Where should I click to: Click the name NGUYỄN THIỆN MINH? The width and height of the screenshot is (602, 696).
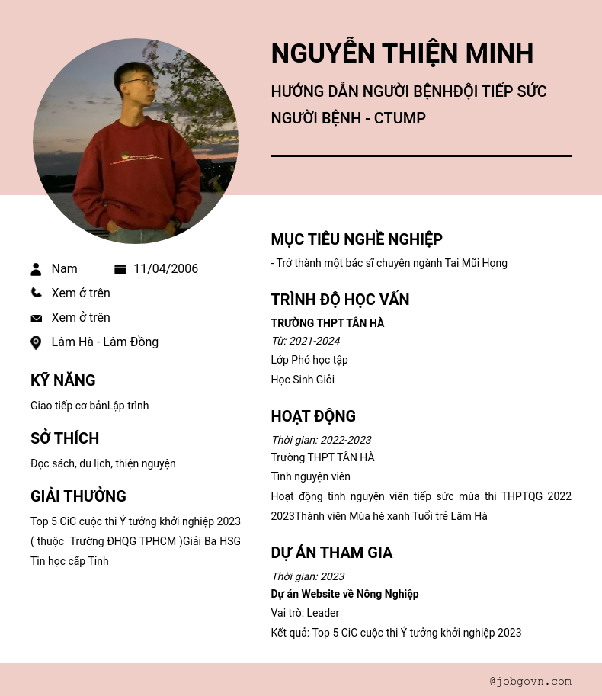(x=402, y=53)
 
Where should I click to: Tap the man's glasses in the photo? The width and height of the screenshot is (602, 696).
(x=137, y=81)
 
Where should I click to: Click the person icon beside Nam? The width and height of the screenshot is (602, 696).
(x=36, y=269)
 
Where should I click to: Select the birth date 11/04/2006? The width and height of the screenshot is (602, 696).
(x=165, y=269)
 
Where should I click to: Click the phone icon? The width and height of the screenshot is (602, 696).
(x=36, y=293)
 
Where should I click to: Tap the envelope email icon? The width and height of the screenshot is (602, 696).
(x=36, y=318)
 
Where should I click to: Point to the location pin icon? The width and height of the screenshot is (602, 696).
(x=36, y=342)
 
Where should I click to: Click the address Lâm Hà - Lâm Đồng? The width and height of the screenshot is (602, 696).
(x=104, y=342)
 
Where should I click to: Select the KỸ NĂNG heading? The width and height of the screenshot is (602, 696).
(x=63, y=380)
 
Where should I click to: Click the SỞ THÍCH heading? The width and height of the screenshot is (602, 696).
(x=65, y=438)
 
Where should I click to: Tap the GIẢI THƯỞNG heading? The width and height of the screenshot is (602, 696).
(x=78, y=496)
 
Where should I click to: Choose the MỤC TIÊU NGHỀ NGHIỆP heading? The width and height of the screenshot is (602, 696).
(x=357, y=239)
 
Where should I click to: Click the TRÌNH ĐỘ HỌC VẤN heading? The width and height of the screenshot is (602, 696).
(x=340, y=300)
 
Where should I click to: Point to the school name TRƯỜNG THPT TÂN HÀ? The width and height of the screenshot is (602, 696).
(x=328, y=323)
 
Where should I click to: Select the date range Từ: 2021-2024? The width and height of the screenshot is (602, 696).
(x=306, y=341)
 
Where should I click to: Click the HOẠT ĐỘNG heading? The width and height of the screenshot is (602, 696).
(x=313, y=416)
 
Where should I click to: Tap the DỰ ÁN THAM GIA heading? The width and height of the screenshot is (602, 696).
(x=331, y=553)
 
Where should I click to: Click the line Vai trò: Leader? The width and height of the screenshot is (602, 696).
(x=305, y=613)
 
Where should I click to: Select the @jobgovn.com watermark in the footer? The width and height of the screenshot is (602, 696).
(x=530, y=681)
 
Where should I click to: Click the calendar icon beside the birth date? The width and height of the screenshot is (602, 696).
(x=120, y=269)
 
